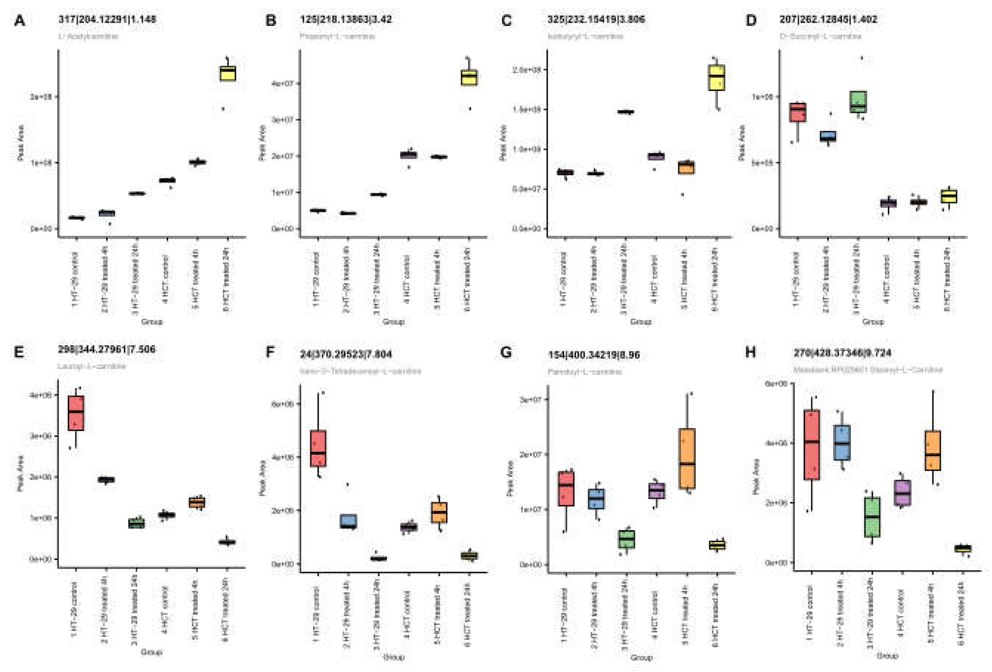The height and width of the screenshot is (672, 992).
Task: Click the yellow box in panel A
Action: pos(227,74)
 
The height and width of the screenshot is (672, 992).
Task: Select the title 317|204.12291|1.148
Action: pos(107,19)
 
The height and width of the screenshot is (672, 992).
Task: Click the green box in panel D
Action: pos(858,102)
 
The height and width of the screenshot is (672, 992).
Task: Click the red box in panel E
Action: pos(76,413)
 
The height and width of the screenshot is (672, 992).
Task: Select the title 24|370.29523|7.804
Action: pos(346,354)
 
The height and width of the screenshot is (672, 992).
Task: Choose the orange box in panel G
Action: pos(687,459)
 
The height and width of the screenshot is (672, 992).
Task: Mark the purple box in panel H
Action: pos(902,493)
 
